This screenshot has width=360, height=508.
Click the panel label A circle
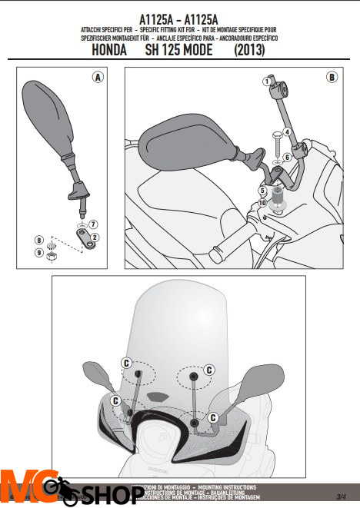pos(98,77)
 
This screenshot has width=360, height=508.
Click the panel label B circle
pos(331,77)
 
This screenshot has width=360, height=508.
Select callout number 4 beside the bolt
pos(286,131)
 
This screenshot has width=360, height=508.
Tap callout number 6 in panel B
pos(286,158)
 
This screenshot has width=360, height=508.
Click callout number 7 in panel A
pos(93,224)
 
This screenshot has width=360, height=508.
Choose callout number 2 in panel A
pos(93,237)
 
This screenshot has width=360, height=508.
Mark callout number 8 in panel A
pos(38,241)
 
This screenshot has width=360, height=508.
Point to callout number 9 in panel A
pos(38,252)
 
